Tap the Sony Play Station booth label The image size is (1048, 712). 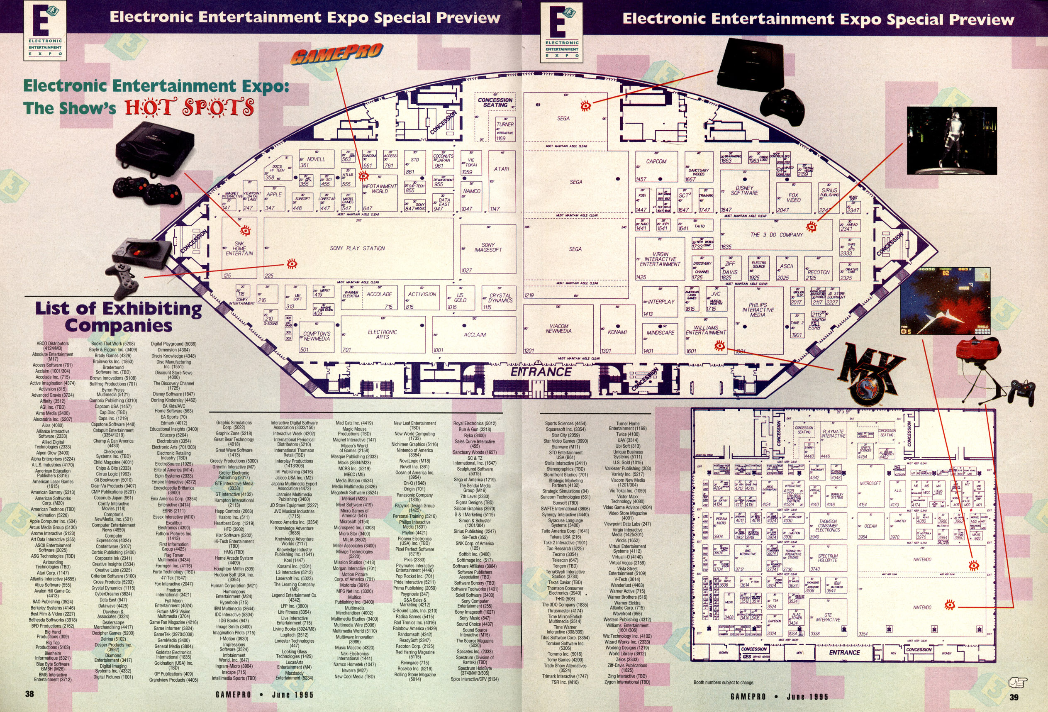[357, 248]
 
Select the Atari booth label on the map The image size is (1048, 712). [501, 169]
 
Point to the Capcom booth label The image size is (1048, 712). [656, 161]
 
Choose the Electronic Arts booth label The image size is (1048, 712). [382, 334]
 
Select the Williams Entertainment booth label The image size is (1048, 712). [706, 330]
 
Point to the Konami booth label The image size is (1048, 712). [617, 332]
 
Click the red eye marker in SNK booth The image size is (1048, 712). [245, 231]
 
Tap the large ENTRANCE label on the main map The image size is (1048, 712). [541, 372]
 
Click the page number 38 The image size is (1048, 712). [29, 693]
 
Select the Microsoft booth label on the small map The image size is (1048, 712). [870, 483]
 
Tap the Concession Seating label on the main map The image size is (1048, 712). [495, 102]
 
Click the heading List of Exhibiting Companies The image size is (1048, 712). [118, 317]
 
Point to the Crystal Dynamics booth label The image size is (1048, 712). [500, 297]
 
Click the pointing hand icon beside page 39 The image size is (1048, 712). [1018, 683]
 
